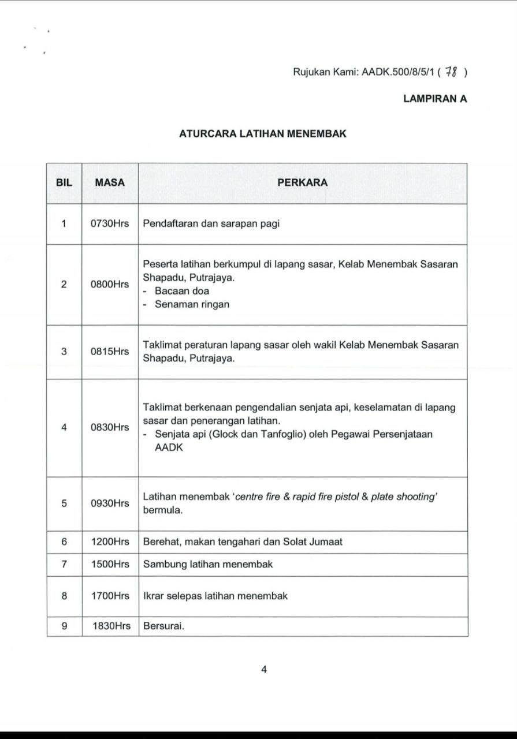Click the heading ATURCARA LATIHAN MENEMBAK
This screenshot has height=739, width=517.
pos(262,134)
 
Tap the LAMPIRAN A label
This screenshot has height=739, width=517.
pos(435,99)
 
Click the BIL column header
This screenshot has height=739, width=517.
pos(64,183)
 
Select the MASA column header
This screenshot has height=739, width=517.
pos(110,183)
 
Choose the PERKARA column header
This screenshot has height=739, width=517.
pos(302,183)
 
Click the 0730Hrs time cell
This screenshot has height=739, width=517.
pos(110,224)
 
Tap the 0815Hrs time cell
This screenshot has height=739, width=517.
pos(110,352)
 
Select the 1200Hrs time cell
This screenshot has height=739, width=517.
pos(110,542)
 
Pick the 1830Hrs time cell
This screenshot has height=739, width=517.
pos(111,626)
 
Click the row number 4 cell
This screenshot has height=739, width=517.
pos(64,428)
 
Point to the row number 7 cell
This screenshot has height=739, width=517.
pos(64,564)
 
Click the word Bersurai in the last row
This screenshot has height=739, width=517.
pos(163,626)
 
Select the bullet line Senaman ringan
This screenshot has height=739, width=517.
pos(191,305)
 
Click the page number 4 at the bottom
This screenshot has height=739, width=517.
pos(263,670)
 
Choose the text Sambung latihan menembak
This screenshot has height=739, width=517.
pos(208,564)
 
